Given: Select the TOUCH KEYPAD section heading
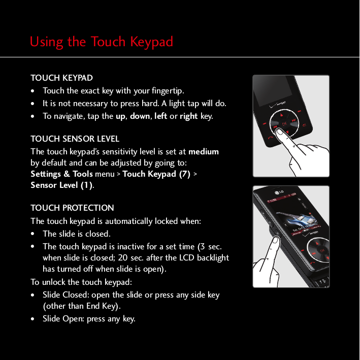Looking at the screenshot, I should point(61,78).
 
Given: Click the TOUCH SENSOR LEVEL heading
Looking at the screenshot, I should point(75,139).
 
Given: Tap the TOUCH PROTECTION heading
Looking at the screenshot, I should point(72,208).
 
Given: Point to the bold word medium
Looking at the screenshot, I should point(204,151).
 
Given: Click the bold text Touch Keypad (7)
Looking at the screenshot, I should point(156,174).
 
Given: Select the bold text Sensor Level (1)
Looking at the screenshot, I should point(61,185).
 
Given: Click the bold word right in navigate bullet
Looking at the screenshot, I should point(188,116).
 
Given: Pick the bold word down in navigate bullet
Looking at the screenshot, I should point(140,116).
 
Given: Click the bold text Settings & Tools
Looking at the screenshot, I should point(61,174).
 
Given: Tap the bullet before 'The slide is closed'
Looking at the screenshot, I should point(33,234).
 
